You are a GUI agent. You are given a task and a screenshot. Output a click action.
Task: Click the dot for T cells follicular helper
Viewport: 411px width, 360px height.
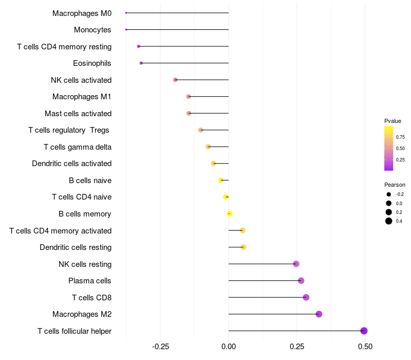click(x=364, y=331)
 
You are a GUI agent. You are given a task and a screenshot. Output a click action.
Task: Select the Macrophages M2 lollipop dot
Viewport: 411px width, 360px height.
click(x=319, y=314)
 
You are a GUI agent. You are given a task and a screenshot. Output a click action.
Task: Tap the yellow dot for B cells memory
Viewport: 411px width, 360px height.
click(x=230, y=214)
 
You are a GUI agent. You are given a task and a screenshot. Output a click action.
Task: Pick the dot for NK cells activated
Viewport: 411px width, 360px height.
click(x=175, y=80)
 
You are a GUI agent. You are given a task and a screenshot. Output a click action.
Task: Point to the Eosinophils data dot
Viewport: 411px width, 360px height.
click(x=141, y=63)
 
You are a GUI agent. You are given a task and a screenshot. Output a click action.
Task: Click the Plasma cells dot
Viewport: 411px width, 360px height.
click(x=301, y=281)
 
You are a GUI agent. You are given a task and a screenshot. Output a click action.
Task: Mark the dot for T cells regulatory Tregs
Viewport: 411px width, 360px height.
click(x=200, y=130)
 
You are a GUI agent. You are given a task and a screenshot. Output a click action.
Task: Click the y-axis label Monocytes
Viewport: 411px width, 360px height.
click(x=92, y=30)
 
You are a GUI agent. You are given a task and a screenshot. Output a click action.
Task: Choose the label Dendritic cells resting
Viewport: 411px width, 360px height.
click(x=76, y=247)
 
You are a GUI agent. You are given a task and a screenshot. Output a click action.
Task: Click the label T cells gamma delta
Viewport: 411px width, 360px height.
click(x=78, y=147)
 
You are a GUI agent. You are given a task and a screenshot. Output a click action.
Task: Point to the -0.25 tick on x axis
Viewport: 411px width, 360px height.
click(x=160, y=347)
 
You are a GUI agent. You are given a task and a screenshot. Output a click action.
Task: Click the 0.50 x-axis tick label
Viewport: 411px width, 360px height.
click(x=365, y=347)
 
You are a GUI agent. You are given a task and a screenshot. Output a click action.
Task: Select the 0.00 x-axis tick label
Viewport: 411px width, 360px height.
click(x=229, y=347)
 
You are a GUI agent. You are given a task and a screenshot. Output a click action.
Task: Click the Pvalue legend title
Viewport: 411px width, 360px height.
click(x=393, y=121)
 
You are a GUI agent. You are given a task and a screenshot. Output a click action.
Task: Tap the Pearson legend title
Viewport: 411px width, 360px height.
click(x=395, y=185)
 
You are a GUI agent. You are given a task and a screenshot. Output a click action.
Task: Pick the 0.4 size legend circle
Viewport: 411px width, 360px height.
click(x=389, y=221)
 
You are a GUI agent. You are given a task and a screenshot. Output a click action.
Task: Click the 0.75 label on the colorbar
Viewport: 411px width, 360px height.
click(x=400, y=137)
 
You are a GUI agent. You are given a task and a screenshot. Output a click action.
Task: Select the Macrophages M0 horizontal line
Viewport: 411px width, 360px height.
click(x=177, y=13)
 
